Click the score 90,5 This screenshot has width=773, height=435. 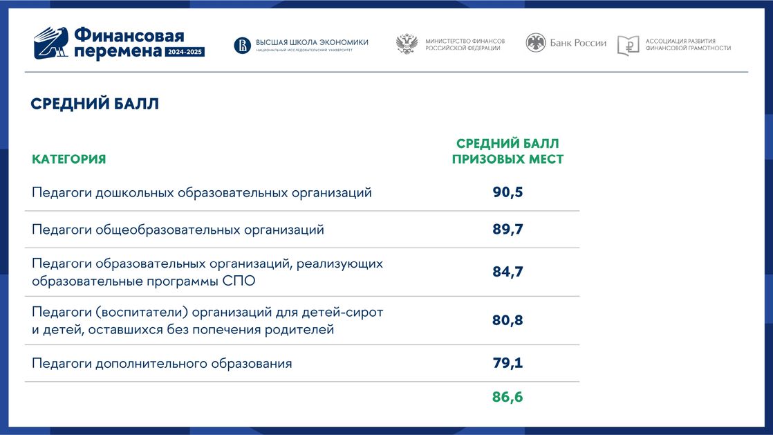pos(507,192)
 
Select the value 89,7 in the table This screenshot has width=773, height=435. pos(507,229)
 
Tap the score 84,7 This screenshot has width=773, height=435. pos(507,271)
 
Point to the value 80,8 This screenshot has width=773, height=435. pos(507,320)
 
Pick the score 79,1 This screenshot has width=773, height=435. pos(507,362)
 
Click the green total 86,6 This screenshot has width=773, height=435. pos(507,396)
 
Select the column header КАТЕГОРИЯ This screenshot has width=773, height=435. pos(69,159)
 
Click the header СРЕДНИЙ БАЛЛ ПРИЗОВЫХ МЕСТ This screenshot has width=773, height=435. pos(507,151)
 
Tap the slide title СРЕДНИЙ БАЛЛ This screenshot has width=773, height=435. pos(95,104)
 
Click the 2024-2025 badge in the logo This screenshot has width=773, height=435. pos(185,52)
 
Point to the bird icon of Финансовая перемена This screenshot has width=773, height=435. pos(50,43)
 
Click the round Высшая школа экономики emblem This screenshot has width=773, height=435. pos(242,46)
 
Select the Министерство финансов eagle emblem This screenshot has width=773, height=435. pos(407,44)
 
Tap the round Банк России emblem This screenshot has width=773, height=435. pos(535,43)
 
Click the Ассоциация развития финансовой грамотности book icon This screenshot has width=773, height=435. pos(628,46)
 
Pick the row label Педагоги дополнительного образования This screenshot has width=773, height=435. pos(162,364)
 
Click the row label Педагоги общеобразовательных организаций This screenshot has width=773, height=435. pos(178,230)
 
